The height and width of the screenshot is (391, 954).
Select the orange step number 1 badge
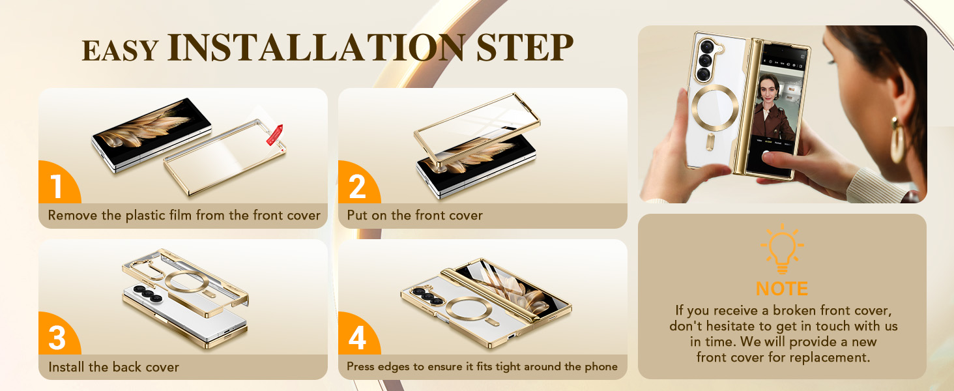(57, 186)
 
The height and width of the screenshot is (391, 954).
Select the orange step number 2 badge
(357, 186)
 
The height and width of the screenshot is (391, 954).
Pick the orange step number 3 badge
(57, 338)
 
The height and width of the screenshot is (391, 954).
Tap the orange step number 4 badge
(357, 338)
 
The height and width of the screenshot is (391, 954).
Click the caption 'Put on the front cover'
(414, 216)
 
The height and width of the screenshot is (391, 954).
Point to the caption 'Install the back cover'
(113, 367)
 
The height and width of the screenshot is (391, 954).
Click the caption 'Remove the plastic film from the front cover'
(184, 216)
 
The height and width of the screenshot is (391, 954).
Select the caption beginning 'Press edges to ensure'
(482, 367)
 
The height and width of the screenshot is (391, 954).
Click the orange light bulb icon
(782, 248)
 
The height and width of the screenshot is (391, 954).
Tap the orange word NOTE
(782, 289)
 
